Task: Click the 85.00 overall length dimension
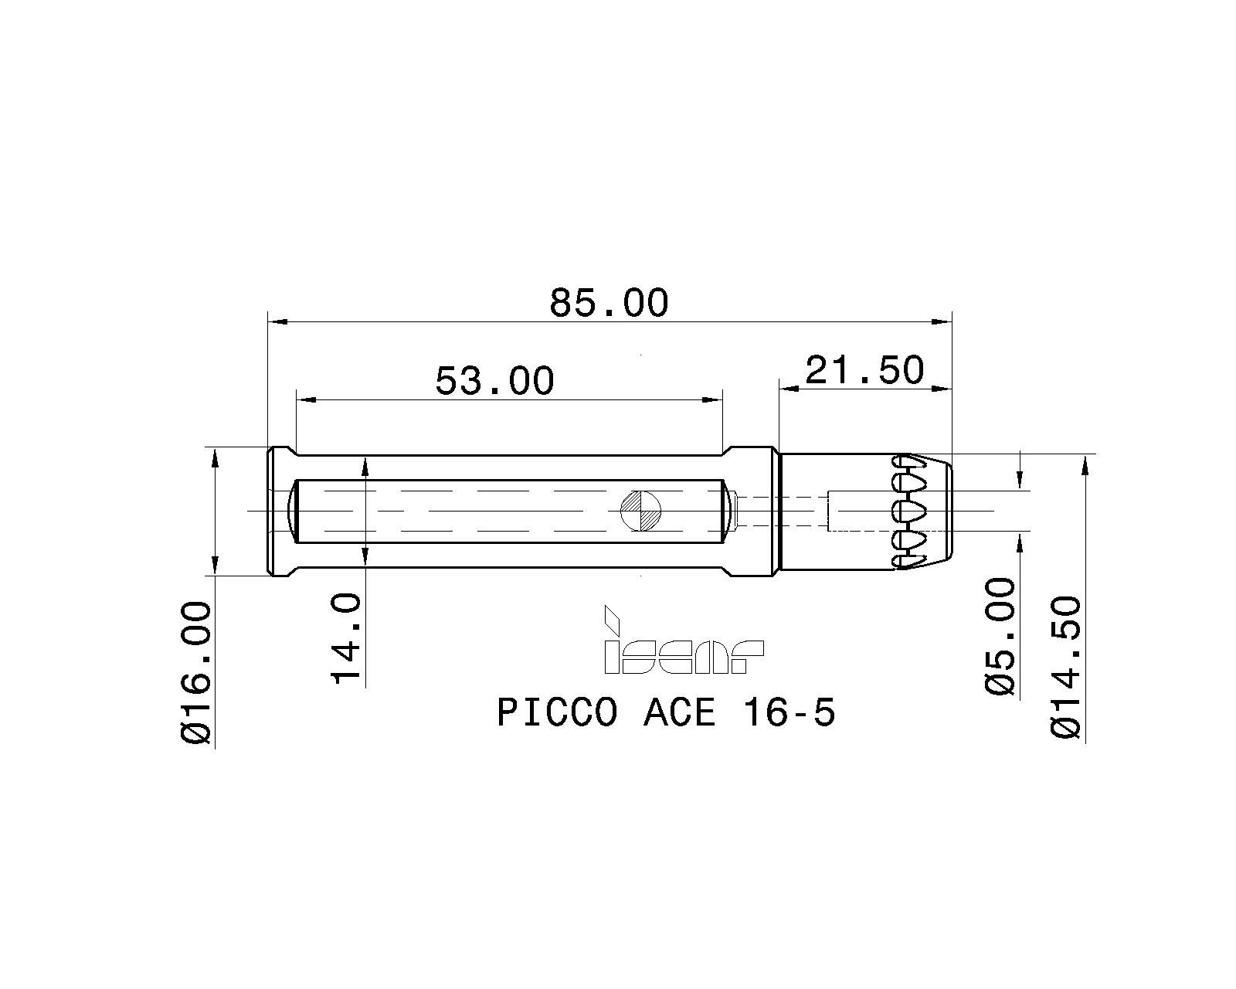[x=608, y=303]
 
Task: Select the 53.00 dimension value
[x=494, y=380]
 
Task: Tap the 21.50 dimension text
[x=864, y=370]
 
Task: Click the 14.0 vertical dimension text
[x=346, y=638]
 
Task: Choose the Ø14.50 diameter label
[x=1066, y=666]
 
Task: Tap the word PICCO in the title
[x=556, y=712]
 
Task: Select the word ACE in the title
[x=679, y=712]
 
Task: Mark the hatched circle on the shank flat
[x=641, y=511]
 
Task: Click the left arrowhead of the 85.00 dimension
[x=277, y=321]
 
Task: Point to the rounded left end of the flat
[x=293, y=511]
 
